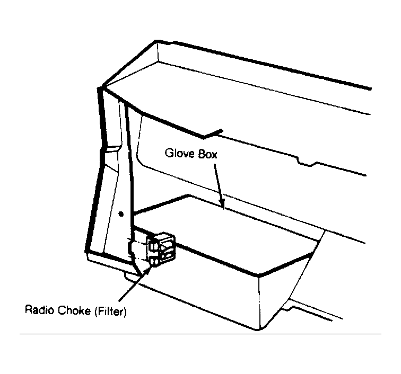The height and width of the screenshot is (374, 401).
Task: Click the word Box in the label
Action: pyautogui.click(x=208, y=154)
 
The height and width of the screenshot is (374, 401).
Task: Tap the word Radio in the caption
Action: pyautogui.click(x=40, y=310)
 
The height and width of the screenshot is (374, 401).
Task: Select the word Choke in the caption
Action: pyautogui.click(x=74, y=310)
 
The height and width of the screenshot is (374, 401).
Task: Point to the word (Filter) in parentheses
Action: pyautogui.click(x=110, y=311)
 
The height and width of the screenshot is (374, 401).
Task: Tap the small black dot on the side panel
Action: pyautogui.click(x=121, y=214)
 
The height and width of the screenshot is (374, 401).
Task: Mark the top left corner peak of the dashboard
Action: pyautogui.click(x=155, y=41)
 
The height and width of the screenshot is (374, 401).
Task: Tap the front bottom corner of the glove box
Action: pyautogui.click(x=258, y=329)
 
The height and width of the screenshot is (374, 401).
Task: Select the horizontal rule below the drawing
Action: pyautogui.click(x=201, y=334)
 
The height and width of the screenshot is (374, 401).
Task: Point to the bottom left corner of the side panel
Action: pyautogui.click(x=87, y=252)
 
